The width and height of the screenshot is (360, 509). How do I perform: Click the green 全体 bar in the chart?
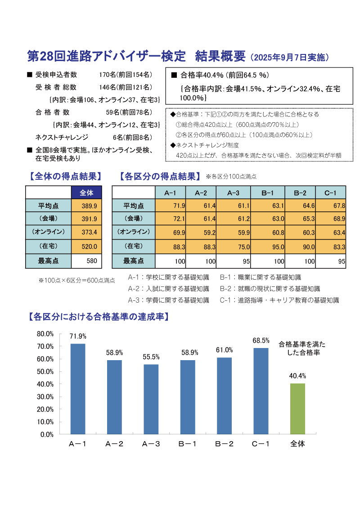[x=297, y=409]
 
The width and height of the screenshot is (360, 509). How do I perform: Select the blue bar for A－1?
[x=77, y=389]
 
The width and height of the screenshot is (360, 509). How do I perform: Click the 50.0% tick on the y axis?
[x=45, y=371]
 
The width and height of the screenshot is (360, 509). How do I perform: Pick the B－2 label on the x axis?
[x=224, y=444]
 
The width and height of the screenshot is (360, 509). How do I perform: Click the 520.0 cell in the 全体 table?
[x=86, y=246]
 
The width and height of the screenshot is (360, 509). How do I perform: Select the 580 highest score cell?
[x=86, y=261]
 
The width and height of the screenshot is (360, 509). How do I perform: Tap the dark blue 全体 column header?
[x=86, y=192]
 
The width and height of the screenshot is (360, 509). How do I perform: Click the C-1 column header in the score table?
[x=330, y=192]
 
